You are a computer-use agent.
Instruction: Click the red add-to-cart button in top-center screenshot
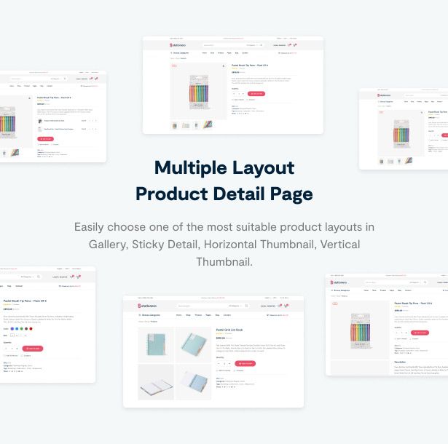[256, 94]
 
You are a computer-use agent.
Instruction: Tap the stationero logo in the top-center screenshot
[179, 45]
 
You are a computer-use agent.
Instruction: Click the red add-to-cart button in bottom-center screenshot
[245, 363]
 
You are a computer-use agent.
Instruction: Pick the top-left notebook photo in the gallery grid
[156, 345]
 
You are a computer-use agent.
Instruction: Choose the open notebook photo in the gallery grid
[156, 381]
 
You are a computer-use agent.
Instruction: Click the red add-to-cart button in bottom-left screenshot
[33, 349]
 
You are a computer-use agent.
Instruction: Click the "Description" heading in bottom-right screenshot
[401, 362]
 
